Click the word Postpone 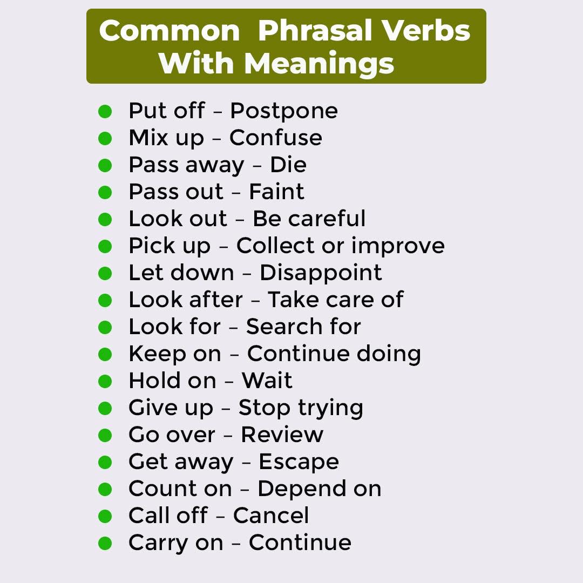pyautogui.click(x=284, y=111)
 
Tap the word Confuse pyautogui.click(x=275, y=138)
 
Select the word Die pyautogui.click(x=288, y=165)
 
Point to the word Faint pyautogui.click(x=276, y=192)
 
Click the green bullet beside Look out pyautogui.click(x=105, y=219)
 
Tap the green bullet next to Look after pyautogui.click(x=105, y=301)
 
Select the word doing pyautogui.click(x=389, y=354)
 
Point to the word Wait pyautogui.click(x=267, y=381)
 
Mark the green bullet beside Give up pyautogui.click(x=105, y=408)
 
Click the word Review pyautogui.click(x=282, y=434)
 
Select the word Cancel pyautogui.click(x=270, y=516)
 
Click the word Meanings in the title pyautogui.click(x=318, y=64)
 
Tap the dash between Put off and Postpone pyautogui.click(x=218, y=112)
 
